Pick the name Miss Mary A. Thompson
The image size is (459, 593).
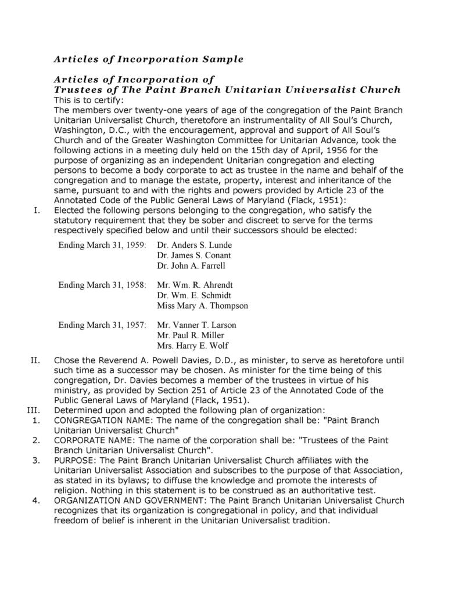click(203, 306)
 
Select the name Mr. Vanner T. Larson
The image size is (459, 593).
click(197, 325)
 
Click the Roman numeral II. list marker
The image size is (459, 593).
click(35, 360)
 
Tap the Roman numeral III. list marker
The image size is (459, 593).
click(33, 410)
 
